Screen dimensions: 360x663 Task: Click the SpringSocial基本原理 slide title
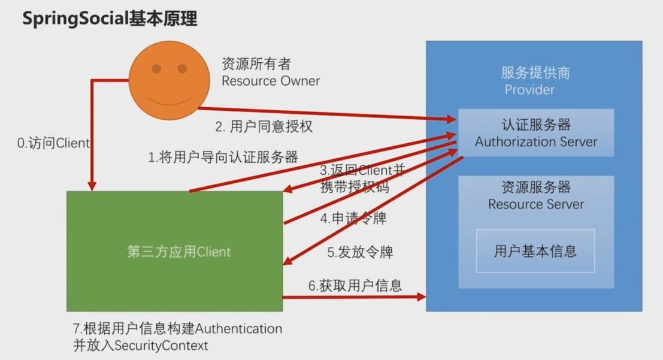pos(110,19)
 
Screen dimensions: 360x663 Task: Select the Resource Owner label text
pos(271,81)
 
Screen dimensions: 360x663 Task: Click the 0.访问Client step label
pos(53,143)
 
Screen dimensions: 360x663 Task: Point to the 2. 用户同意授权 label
pos(264,126)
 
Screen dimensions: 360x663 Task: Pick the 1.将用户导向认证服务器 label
pos(223,158)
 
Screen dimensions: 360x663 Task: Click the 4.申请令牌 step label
pos(353,218)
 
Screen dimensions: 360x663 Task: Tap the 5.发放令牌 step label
pos(359,252)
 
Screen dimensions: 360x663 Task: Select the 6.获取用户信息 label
pos(355,285)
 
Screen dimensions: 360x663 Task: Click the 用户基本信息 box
pos(535,250)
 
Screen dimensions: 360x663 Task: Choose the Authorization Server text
pos(536,142)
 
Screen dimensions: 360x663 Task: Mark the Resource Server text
pos(536,204)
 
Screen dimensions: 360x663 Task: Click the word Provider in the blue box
pos(529,90)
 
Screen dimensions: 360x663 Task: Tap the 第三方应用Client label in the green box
pos(178,252)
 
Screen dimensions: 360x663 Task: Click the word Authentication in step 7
pos(239,329)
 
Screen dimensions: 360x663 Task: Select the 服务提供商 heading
pos(535,73)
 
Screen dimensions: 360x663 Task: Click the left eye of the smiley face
pos(156,69)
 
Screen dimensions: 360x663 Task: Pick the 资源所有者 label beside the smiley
pos(256,64)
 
